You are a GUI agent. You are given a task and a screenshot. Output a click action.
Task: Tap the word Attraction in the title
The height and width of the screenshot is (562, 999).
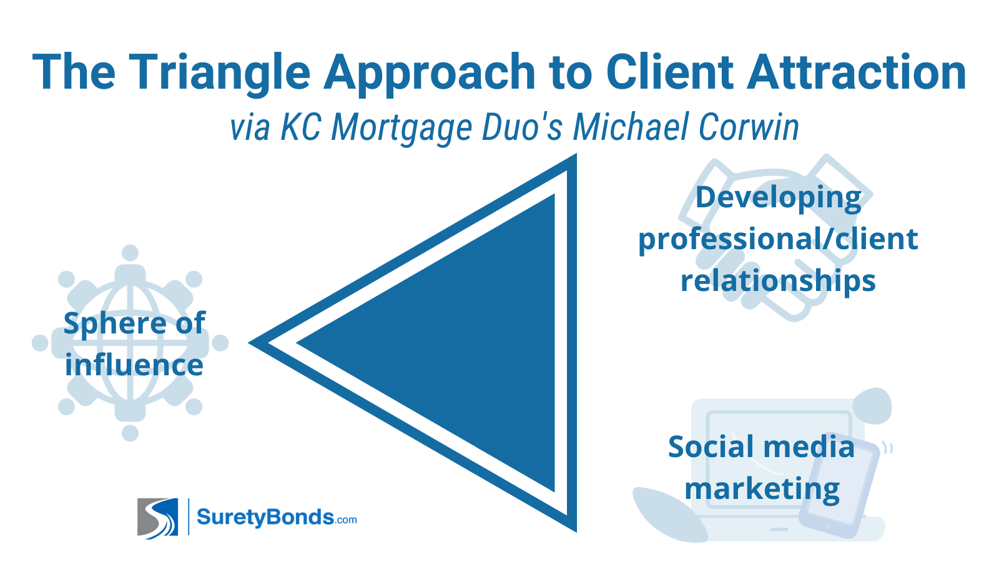(857, 71)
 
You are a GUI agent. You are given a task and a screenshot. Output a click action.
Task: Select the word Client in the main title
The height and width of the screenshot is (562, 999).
(669, 71)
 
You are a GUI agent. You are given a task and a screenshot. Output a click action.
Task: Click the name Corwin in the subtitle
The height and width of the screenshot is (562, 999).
(749, 127)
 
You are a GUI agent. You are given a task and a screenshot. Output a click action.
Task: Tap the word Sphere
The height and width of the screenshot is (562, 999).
(116, 324)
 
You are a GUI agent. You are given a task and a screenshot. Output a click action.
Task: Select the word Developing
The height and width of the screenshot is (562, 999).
(778, 199)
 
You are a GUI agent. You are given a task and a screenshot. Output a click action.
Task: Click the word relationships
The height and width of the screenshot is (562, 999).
(778, 280)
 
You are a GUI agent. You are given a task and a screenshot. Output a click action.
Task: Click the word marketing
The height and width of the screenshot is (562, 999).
(762, 490)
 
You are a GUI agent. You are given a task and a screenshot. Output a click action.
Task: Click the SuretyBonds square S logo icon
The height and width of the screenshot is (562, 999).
(157, 518)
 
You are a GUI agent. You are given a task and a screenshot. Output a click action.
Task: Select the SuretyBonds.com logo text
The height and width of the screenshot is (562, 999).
(277, 518)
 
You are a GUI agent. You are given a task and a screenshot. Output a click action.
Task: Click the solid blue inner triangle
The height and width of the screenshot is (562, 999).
(468, 343)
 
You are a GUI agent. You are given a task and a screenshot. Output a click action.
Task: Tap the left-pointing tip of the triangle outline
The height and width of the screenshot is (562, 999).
(249, 343)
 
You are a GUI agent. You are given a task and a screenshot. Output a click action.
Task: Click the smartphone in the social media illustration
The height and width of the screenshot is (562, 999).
(839, 485)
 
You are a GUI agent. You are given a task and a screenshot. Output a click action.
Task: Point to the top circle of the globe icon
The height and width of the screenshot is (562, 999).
(130, 253)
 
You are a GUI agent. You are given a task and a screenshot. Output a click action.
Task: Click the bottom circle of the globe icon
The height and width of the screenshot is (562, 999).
(130, 433)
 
